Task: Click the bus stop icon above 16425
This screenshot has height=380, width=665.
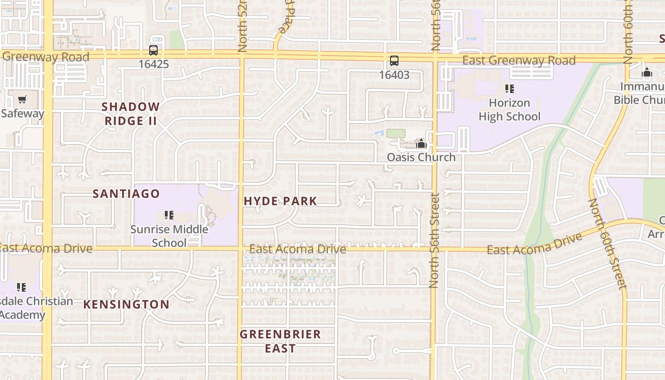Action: (x=153, y=50)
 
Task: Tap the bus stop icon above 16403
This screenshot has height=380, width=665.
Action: (x=394, y=61)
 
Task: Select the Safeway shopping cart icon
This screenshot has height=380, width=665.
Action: (x=22, y=100)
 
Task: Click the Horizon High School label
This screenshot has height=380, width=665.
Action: (x=509, y=110)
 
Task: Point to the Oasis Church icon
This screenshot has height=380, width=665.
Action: (x=421, y=144)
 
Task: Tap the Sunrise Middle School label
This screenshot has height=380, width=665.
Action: (x=169, y=236)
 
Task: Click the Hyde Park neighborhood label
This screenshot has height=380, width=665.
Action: (x=280, y=201)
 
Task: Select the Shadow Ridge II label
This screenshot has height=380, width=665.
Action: (x=131, y=114)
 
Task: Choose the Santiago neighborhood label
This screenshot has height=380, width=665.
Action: (x=126, y=194)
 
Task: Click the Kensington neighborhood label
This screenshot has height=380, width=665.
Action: (x=126, y=304)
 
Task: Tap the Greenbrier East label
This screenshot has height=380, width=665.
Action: (x=280, y=341)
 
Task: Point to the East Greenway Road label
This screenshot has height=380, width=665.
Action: (x=519, y=60)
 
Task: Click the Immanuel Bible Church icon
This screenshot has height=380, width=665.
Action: (x=646, y=73)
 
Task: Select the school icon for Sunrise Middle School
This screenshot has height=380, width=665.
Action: (x=169, y=215)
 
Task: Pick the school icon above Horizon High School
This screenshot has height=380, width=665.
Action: (x=510, y=88)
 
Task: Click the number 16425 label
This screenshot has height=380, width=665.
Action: (x=153, y=64)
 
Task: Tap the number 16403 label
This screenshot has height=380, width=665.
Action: (x=394, y=75)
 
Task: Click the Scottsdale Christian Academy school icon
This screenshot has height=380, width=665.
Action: (x=21, y=287)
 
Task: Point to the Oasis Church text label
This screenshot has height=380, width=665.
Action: (x=421, y=157)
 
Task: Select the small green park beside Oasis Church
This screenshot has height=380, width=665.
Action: (x=396, y=133)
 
